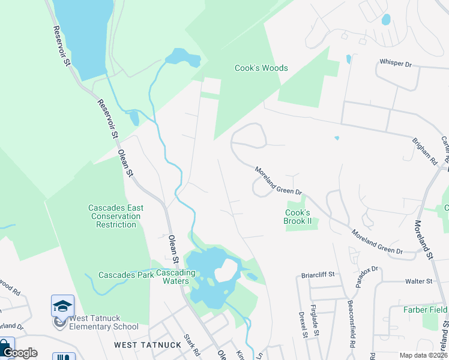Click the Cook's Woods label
coord(261,68)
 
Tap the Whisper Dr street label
coord(395,62)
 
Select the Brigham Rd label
coord(425,152)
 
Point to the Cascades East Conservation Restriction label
coord(116,216)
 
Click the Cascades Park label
coord(127,275)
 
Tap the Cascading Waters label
coord(176,277)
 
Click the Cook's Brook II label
coord(298,217)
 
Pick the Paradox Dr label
coord(367,277)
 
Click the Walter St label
coord(418,281)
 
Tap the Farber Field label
coord(426,310)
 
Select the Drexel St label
coord(303,324)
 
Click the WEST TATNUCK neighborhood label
coord(139,345)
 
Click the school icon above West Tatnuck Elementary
coord(62,305)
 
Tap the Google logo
coord(20,353)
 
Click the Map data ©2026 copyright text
coord(423,355)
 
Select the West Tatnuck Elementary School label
coord(103,322)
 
